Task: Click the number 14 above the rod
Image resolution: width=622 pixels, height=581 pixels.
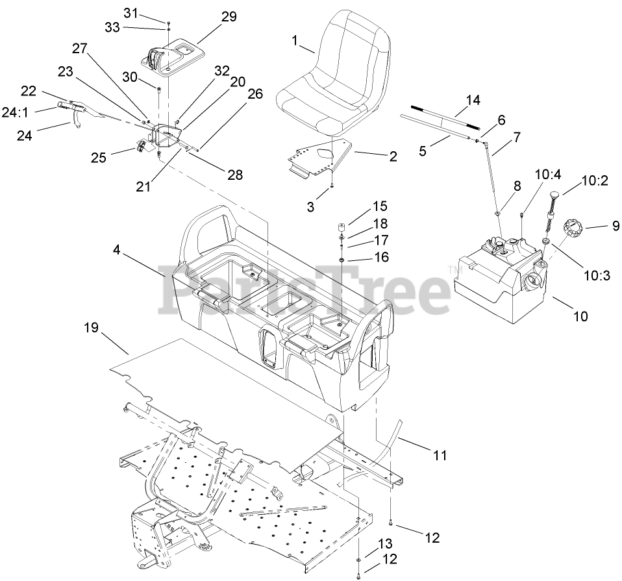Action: (473, 100)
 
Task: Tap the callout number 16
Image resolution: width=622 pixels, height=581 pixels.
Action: (381, 257)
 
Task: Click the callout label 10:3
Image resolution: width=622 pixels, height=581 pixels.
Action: (597, 275)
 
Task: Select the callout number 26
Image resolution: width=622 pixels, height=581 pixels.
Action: (255, 93)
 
